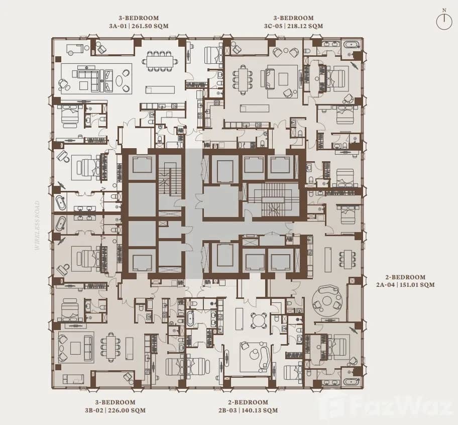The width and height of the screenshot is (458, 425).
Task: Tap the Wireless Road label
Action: (x=38, y=226)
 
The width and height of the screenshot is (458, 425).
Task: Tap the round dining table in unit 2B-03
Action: (x=260, y=320)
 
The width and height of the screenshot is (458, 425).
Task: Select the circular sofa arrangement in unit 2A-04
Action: (x=327, y=299)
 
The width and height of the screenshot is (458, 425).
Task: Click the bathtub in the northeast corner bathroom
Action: (x=351, y=45)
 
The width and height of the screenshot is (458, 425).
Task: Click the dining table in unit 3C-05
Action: (x=244, y=79)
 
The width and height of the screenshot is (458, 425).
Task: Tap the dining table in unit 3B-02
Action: (x=111, y=347)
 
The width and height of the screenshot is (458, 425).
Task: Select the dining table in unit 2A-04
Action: (x=347, y=259)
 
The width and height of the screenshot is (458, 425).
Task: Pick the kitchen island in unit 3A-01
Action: (x=160, y=89)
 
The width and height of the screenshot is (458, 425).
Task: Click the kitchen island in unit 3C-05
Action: (x=251, y=108)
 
